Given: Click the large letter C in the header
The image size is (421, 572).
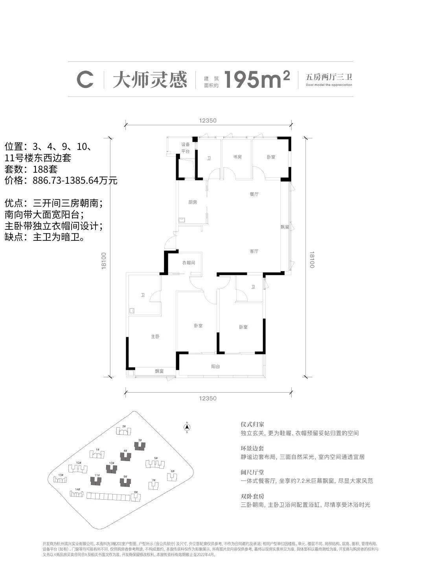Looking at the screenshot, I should [85, 80].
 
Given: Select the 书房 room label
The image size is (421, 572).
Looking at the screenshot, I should [237, 157].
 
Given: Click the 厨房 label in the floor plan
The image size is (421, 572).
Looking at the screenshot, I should [192, 202].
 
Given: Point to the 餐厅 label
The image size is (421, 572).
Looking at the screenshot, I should [254, 194].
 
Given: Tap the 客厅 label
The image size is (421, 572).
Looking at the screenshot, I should [254, 251].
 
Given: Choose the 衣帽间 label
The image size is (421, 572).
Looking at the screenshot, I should [188, 262].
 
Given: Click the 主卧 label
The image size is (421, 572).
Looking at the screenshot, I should [155, 337].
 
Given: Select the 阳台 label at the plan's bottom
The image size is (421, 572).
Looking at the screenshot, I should [215, 366].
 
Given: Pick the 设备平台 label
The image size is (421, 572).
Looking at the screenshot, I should [185, 148].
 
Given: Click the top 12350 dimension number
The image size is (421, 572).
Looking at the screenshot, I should [208, 121].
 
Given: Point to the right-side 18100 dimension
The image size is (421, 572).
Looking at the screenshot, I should [312, 260].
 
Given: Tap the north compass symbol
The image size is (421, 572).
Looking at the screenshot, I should [188, 427].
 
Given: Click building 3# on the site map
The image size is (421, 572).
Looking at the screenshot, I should [140, 446].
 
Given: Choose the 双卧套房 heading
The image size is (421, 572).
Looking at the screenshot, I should [252, 496].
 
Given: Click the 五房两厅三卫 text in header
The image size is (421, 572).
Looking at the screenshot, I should [329, 77].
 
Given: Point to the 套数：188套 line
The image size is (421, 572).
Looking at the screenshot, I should [31, 170].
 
